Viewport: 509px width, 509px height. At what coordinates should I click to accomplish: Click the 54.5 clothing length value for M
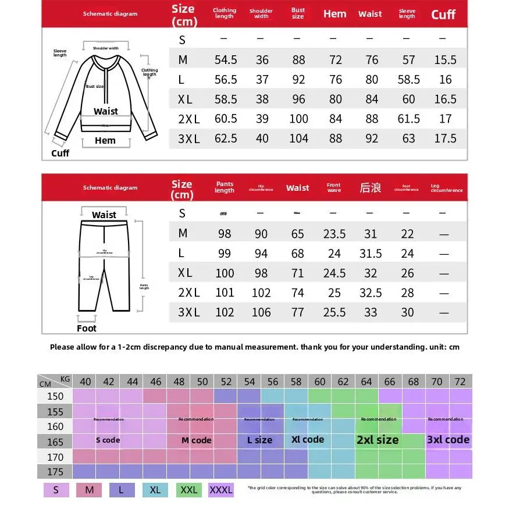tap(226, 60)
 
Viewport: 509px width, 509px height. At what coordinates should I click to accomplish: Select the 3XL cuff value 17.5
tap(445, 139)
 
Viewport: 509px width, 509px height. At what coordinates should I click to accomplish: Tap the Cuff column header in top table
tap(443, 15)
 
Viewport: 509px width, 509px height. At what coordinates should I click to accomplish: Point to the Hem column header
tap(334, 14)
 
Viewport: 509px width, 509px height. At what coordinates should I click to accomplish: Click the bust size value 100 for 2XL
tap(298, 119)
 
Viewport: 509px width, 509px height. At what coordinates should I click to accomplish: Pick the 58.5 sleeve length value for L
tap(408, 80)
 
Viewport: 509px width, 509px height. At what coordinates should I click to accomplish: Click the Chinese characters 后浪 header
tap(370, 187)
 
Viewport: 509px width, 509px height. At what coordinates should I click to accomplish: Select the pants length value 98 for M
tap(225, 234)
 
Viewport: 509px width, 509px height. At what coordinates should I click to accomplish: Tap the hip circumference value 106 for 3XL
tap(261, 312)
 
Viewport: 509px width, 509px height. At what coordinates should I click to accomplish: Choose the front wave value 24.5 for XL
tap(334, 273)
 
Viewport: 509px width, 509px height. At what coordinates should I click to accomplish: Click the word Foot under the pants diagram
tap(87, 328)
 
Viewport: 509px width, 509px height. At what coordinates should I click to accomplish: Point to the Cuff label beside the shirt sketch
tap(60, 153)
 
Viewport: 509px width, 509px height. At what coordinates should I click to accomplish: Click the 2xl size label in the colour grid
tap(378, 440)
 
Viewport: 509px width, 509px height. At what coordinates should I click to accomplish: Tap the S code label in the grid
tap(108, 440)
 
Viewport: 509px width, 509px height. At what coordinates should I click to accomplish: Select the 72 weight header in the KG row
tap(460, 382)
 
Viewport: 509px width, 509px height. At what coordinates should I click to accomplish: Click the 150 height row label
tap(55, 396)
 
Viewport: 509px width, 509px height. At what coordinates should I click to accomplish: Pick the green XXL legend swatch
tap(188, 490)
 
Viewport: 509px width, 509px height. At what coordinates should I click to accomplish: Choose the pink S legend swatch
tap(56, 490)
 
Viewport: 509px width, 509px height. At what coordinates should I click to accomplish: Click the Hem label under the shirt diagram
tap(105, 140)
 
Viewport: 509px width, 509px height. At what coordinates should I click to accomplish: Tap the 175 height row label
tap(55, 471)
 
